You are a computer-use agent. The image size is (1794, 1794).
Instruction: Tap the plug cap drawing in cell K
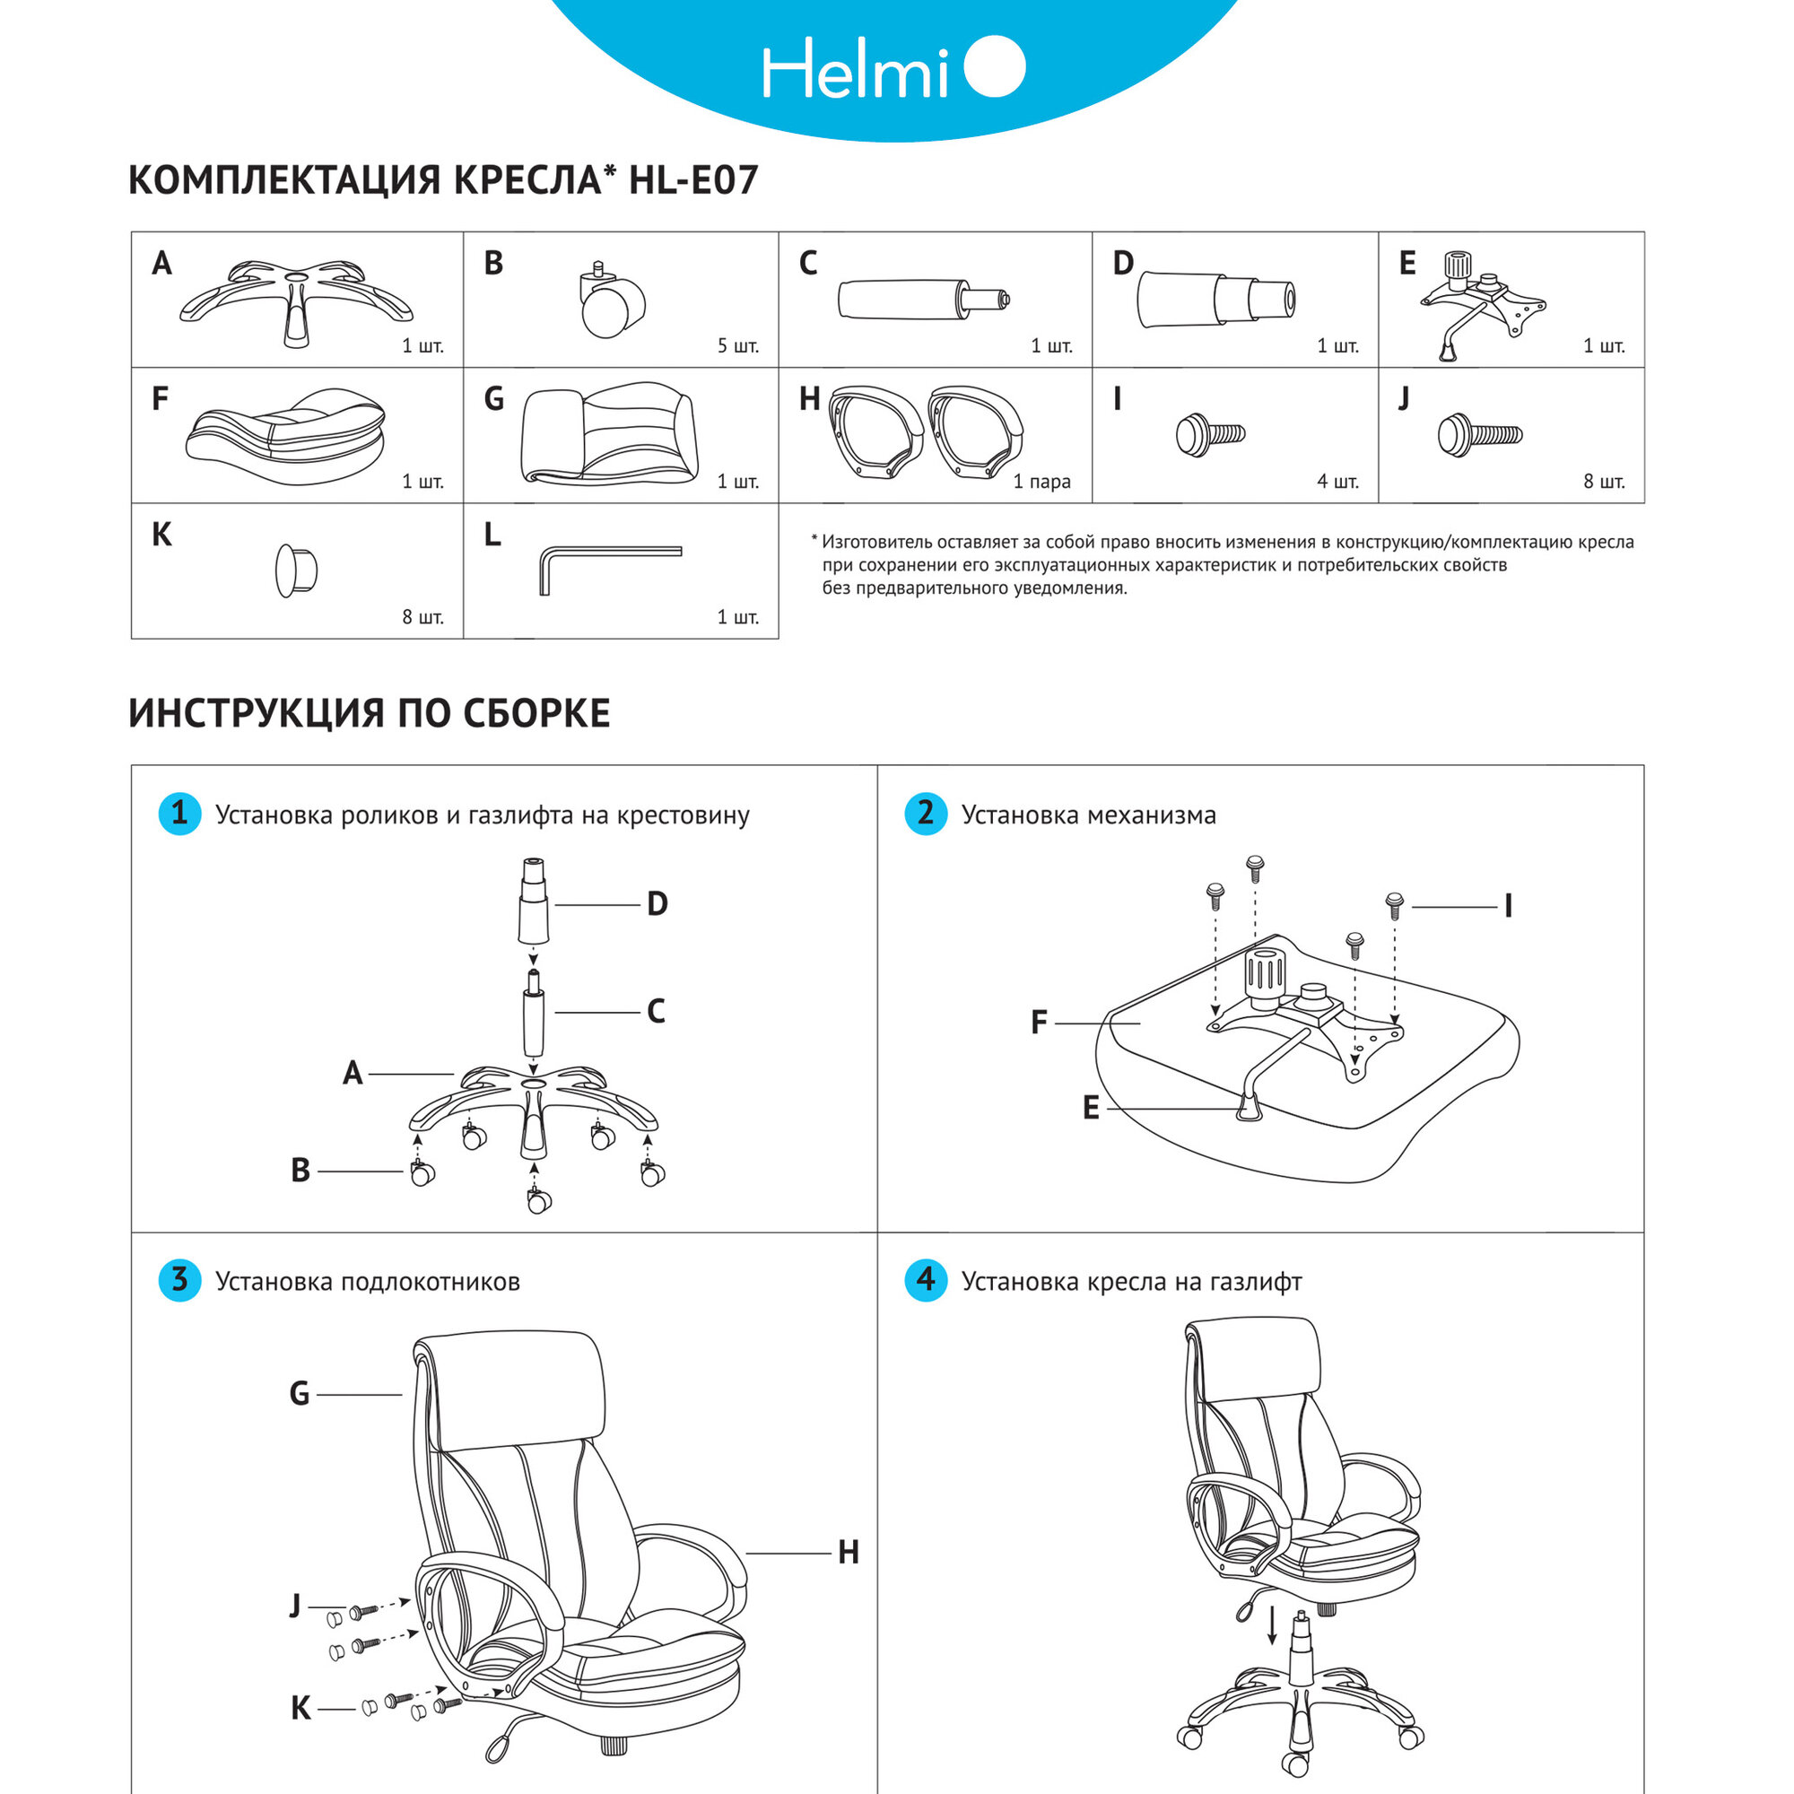pos(296,570)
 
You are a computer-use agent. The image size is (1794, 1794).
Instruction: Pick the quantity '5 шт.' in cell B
pos(737,346)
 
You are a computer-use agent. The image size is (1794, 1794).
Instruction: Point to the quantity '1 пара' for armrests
pos(1041,482)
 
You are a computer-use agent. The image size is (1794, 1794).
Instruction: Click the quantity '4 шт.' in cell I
pos(1337,482)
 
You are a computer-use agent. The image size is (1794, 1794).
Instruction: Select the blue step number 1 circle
pos(180,814)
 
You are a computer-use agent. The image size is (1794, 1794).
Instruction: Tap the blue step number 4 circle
pos(926,1281)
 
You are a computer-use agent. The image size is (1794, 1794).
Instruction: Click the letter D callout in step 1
pos(658,904)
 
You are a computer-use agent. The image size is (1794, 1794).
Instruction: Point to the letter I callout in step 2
pos(1508,906)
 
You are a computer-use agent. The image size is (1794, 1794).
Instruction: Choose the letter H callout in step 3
pos(848,1553)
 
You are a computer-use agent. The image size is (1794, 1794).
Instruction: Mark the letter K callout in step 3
pos(300,1709)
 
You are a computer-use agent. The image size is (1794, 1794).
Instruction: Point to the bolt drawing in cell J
pos(1479,434)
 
